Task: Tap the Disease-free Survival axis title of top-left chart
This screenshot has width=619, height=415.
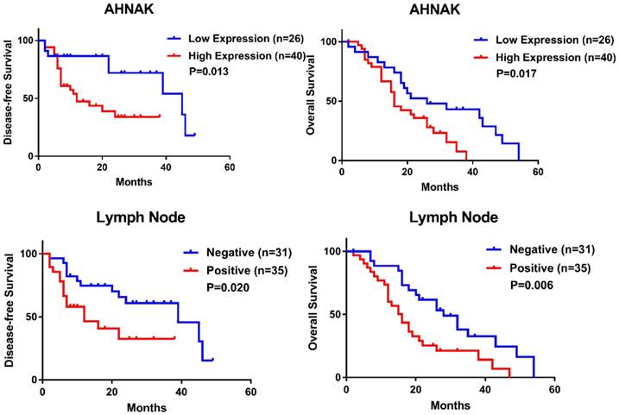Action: (9, 97)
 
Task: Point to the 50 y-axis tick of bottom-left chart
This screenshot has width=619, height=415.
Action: (29, 317)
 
